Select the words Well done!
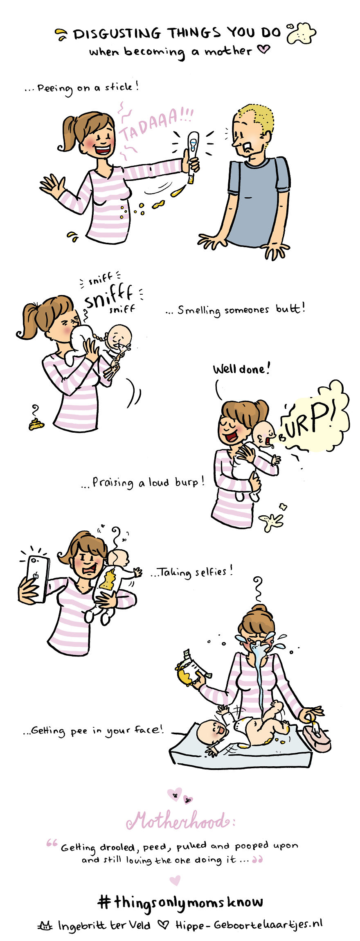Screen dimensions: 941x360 click(241, 369)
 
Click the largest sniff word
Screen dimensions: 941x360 click(108, 297)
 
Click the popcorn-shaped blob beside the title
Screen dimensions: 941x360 click(301, 33)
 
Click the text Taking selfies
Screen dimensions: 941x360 click(192, 571)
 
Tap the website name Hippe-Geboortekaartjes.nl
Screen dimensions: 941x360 click(249, 925)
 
